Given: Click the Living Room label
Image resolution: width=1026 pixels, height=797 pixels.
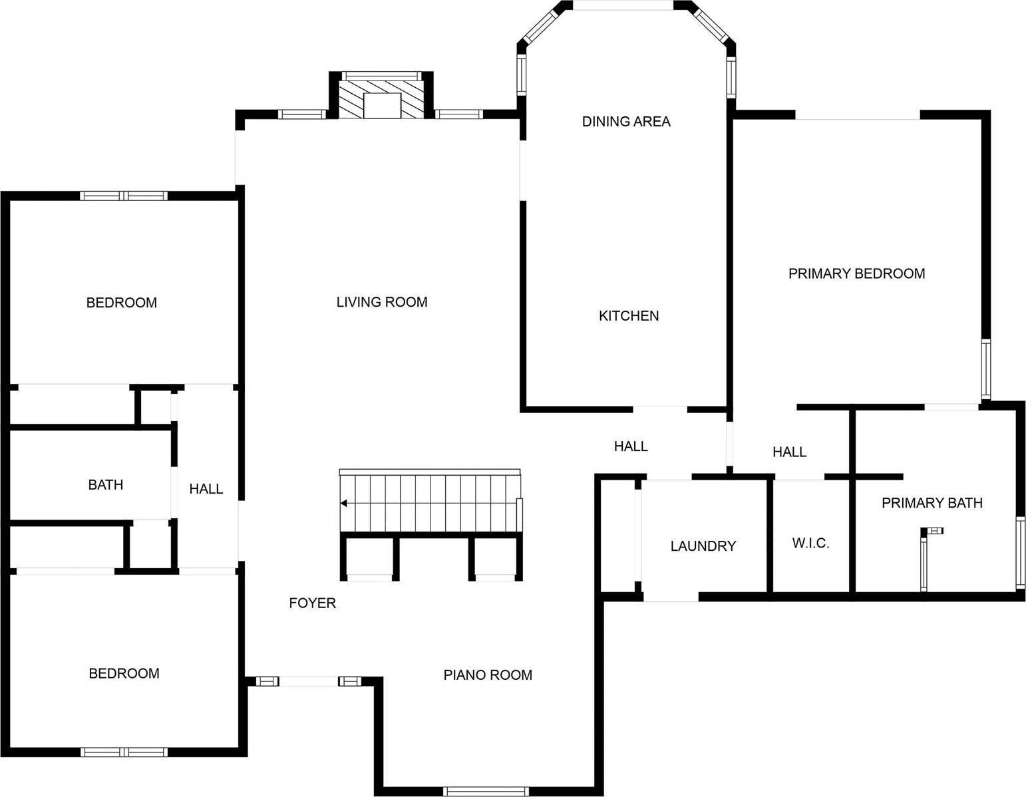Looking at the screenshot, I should pos(381,302).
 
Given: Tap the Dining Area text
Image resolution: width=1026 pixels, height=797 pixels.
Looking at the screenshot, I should pos(625,121).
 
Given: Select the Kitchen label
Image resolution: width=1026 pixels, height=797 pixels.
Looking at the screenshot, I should pos(628,316).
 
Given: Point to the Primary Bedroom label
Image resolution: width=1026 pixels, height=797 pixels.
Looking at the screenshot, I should pos(856,273).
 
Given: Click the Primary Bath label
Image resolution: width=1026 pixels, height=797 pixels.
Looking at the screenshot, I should pos(932,503).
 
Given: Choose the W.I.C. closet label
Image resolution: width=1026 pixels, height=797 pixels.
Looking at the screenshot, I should pos(810,544).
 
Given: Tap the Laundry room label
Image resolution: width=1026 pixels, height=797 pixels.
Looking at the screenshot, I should pos(703,546).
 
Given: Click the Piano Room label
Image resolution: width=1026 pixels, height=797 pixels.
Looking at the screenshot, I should pos(487,675).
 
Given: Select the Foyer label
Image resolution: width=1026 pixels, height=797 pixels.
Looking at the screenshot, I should pos(312,603).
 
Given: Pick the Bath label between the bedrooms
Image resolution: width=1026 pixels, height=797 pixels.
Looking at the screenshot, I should pos(105,485).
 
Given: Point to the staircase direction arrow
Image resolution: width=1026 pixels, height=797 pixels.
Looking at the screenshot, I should pos(344,503).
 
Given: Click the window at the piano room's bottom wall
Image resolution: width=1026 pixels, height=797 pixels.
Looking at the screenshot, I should pos(486,791).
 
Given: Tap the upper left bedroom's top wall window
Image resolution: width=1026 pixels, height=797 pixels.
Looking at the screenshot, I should pos(124,196).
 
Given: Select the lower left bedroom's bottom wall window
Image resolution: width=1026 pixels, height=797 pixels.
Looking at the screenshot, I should pos(124,752).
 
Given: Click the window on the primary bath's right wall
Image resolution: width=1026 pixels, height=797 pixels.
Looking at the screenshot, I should pos(1020,554).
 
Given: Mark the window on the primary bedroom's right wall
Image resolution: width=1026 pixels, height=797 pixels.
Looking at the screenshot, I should pos(985,369).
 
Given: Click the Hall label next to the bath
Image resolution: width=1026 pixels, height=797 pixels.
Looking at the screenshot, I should pos(206,489).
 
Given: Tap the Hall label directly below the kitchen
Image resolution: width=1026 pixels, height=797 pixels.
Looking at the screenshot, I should pos(630,446).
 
